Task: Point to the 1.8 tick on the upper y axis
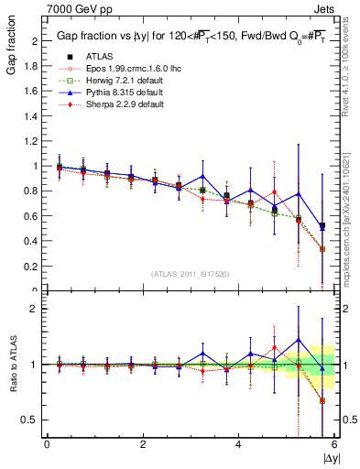34,66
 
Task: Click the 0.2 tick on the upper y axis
34,267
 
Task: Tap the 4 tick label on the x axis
238,445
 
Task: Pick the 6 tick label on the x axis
334,445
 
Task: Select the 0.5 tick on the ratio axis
34,420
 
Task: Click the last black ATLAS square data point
322,226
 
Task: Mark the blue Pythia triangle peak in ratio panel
298,340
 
